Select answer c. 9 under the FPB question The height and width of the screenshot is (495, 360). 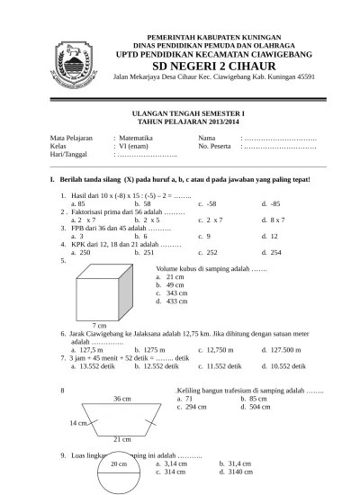pyautogui.click(x=205, y=235)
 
